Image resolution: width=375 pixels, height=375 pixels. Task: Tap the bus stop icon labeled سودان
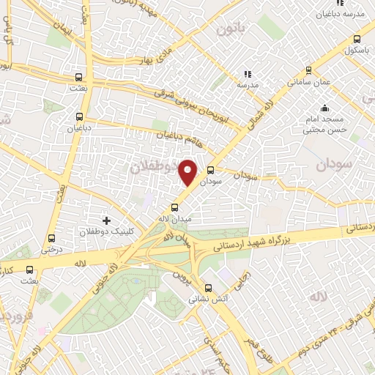pyautogui.click(x=211, y=170)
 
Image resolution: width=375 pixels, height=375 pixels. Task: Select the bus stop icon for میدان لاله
pyautogui.click(x=174, y=207)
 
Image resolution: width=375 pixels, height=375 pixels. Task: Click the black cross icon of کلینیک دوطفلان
pyautogui.click(x=107, y=220)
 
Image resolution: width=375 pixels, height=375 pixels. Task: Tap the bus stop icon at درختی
pyautogui.click(x=51, y=238)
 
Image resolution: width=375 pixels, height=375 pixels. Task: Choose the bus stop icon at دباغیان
pyautogui.click(x=79, y=116)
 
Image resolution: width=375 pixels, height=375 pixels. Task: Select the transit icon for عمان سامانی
pyautogui.click(x=309, y=71)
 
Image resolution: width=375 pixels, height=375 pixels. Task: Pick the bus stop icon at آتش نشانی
pyautogui.click(x=209, y=288)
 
